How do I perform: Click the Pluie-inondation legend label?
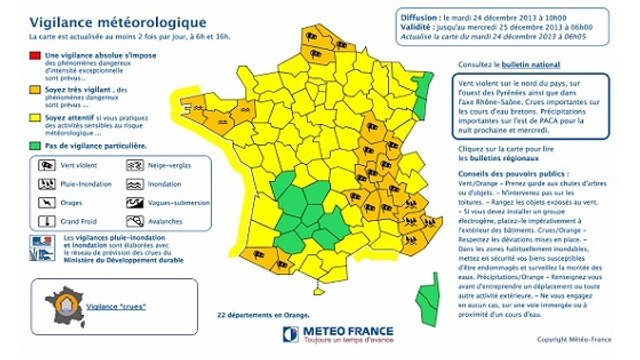[x=85, y=185]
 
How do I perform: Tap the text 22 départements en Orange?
[x=263, y=314]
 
